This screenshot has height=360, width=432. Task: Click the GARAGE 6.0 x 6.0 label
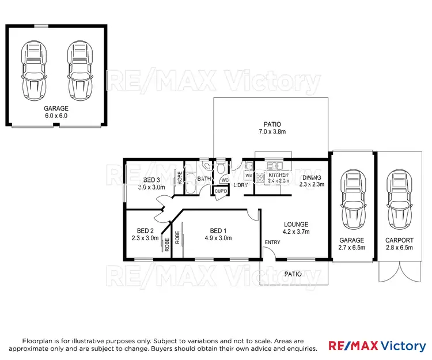click(56, 112)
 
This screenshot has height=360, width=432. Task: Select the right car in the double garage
click(80, 70)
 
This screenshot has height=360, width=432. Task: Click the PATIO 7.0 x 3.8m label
click(271, 128)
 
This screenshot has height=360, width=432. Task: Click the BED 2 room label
click(145, 233)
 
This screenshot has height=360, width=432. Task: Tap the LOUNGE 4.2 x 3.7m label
click(296, 228)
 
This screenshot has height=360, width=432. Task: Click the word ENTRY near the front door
click(272, 242)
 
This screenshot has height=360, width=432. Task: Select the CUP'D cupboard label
click(221, 191)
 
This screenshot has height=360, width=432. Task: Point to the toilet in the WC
click(221, 169)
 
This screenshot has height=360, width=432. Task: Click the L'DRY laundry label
click(241, 185)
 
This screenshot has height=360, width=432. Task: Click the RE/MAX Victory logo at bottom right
click(377, 346)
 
